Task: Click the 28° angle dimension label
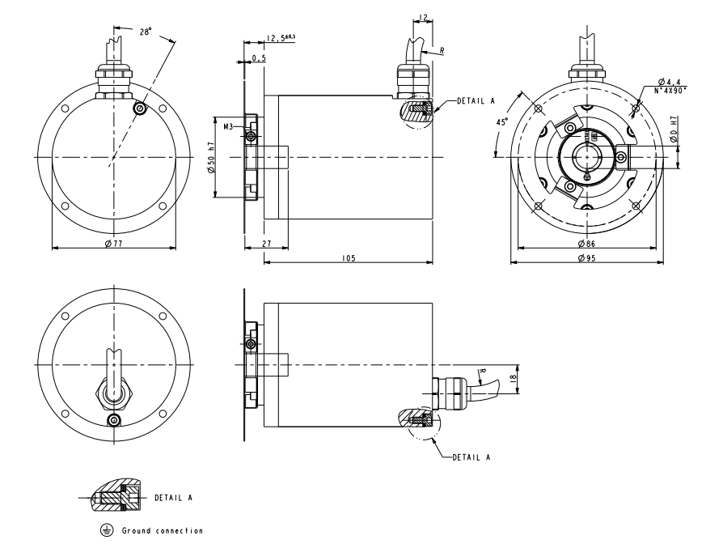[x=146, y=32]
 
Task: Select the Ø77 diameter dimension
[x=113, y=244]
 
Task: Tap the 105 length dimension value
[x=349, y=258]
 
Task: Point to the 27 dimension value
[x=267, y=244]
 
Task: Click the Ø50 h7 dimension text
[x=212, y=157]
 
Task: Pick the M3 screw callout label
[x=228, y=126]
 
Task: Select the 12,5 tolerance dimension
[x=281, y=38]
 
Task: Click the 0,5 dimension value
[x=259, y=58]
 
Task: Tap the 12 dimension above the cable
[x=423, y=18]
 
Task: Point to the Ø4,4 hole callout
[x=670, y=82]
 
